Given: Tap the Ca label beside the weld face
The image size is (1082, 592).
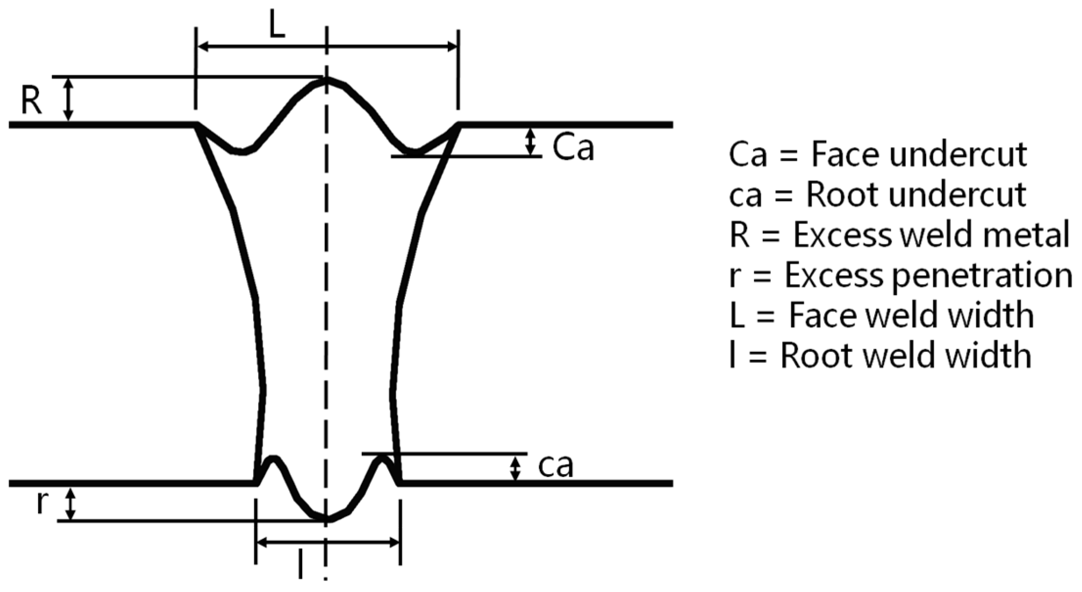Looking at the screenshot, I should point(573,147).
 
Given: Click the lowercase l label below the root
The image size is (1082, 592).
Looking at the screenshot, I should point(301,564).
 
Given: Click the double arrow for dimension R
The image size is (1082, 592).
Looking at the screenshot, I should point(68,99).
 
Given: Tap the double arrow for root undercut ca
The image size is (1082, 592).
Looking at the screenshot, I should point(515,468).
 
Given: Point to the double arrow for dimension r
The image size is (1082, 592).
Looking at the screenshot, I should point(71,504).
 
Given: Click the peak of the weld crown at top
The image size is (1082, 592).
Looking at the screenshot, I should point(326,80).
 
